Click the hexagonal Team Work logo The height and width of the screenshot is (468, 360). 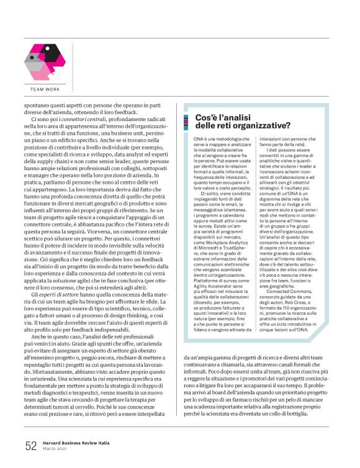pos(44,60)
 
